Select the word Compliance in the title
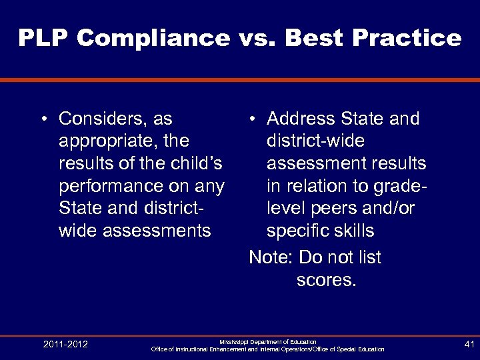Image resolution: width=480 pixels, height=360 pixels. point(153,38)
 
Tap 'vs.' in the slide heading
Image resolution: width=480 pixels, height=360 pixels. point(257,38)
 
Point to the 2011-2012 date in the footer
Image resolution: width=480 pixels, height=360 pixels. point(65,345)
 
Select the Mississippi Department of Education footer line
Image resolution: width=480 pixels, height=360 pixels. point(268,341)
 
